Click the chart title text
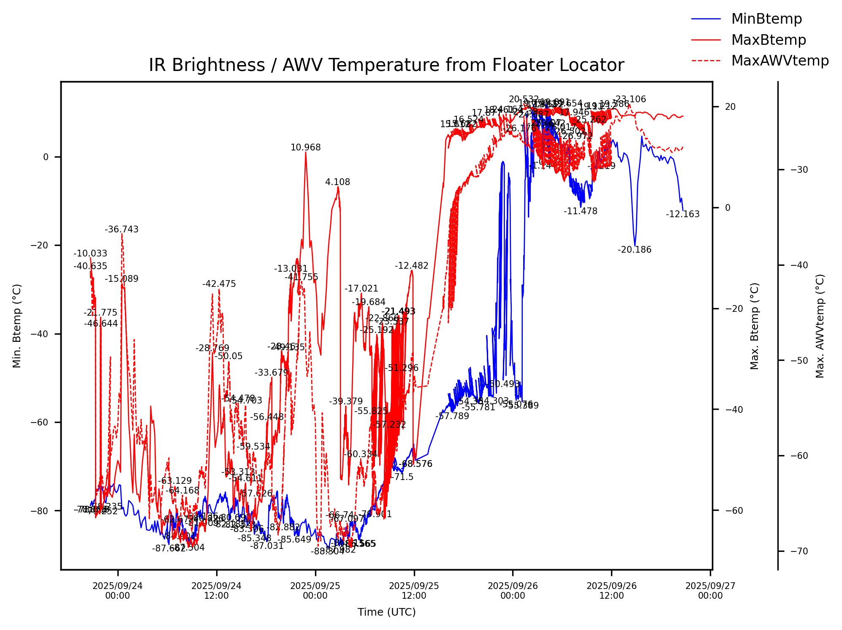[386, 65]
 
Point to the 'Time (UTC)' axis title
[386, 612]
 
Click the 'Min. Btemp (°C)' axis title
[17, 326]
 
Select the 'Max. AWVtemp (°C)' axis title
[820, 326]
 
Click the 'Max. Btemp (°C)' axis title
[755, 326]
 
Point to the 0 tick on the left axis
[46, 157]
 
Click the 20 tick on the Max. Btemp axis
[730, 106]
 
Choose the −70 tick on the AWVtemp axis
[796, 551]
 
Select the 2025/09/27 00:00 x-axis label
[710, 591]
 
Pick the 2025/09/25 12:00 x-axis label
[414, 591]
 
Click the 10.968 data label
[306, 147]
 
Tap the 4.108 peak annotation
[337, 182]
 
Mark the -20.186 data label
[634, 250]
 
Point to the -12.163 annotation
[682, 214]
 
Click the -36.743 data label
[122, 229]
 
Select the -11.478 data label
[580, 211]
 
